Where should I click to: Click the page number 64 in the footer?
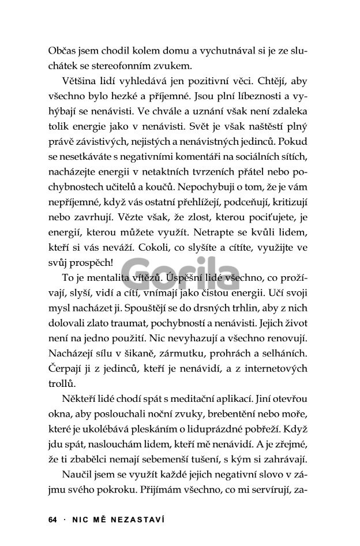[52, 519]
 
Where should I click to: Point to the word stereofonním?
[133, 66]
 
